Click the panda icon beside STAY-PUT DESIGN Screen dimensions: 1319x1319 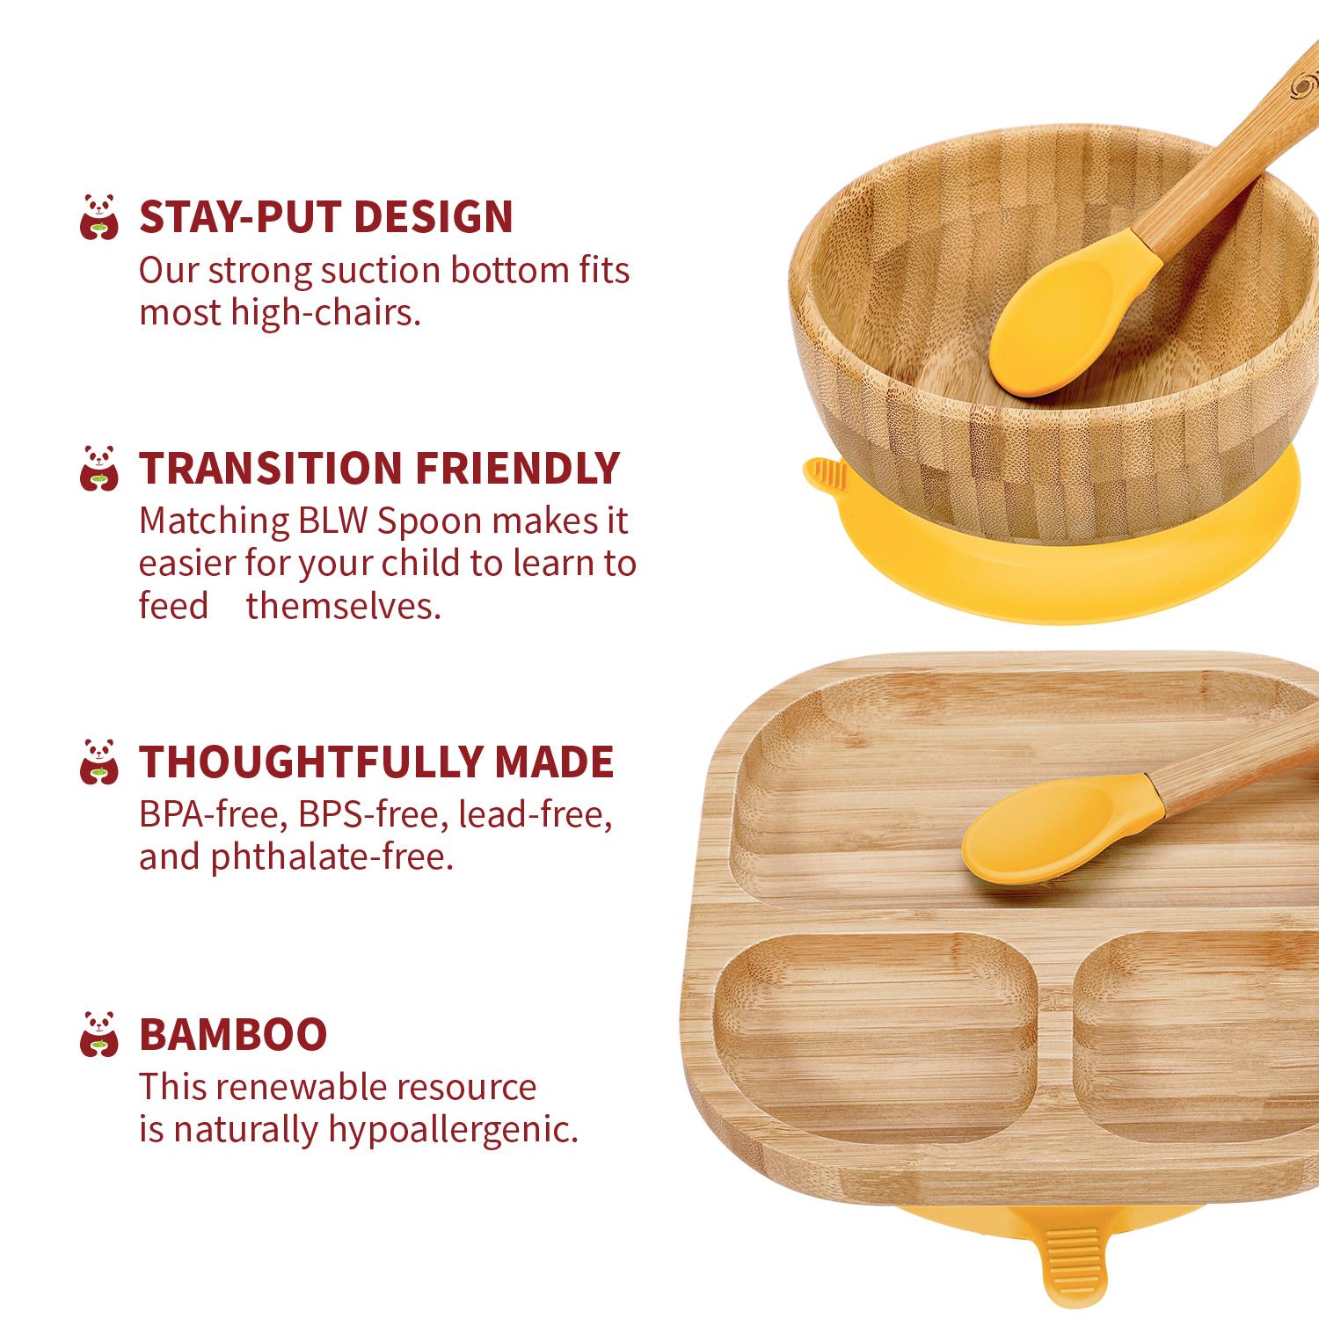[x=98, y=217]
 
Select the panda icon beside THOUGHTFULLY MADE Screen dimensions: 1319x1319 [x=98, y=762]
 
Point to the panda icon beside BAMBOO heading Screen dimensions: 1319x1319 [x=98, y=1034]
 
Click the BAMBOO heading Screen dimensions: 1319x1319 [x=233, y=1034]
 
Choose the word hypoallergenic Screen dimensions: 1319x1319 [x=454, y=1130]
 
